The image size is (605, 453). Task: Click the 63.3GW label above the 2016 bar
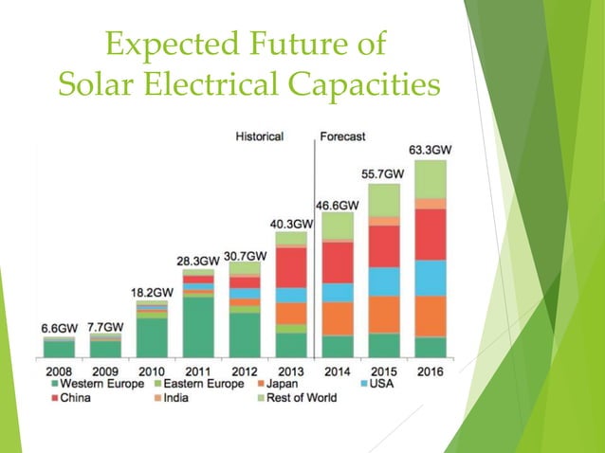(430, 149)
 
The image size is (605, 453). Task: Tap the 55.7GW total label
(383, 174)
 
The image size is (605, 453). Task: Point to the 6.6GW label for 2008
(59, 328)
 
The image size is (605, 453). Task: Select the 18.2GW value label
(152, 292)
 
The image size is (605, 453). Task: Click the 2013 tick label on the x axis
(290, 371)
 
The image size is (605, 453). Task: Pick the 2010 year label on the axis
(151, 371)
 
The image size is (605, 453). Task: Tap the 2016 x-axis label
(430, 371)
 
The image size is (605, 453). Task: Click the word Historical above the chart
(259, 136)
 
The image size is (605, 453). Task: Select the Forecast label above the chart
(342, 136)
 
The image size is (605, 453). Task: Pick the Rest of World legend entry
(302, 398)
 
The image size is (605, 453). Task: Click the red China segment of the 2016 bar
(430, 234)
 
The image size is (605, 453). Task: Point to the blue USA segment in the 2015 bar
(383, 281)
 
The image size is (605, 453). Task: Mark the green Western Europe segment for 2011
(197, 327)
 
